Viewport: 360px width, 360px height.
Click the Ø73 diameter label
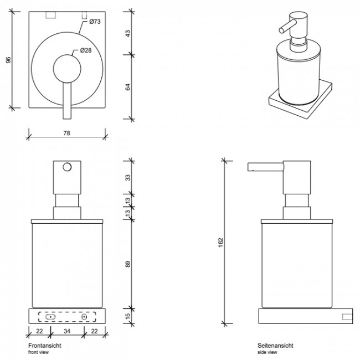point(92,22)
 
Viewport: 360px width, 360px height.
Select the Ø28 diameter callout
point(85,50)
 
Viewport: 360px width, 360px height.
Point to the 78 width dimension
point(66,133)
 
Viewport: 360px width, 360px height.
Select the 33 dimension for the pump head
point(127,178)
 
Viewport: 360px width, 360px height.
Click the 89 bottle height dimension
point(127,264)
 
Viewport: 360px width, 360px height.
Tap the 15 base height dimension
point(127,316)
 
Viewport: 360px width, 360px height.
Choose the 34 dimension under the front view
point(66,332)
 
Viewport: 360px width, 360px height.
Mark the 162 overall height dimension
point(220,242)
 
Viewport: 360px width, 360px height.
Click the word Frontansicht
point(44,346)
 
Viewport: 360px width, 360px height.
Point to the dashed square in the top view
point(85,15)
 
